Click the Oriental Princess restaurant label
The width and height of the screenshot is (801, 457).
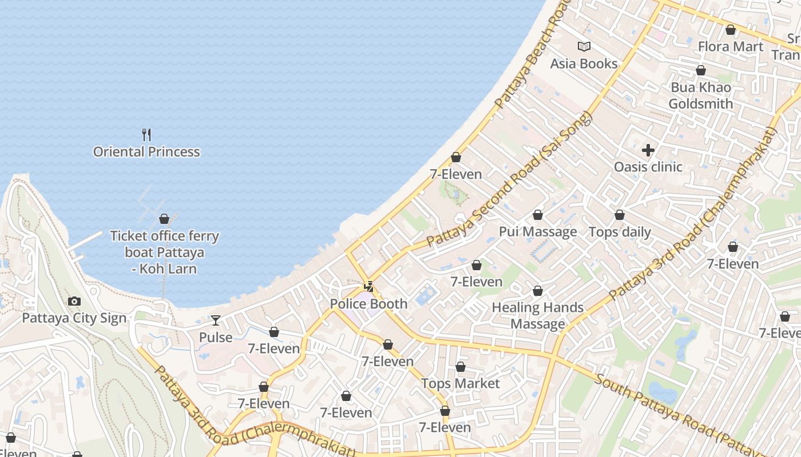tap(146, 152)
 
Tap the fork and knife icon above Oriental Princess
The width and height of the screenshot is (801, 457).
tap(146, 135)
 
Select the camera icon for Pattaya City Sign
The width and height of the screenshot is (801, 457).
tap(74, 302)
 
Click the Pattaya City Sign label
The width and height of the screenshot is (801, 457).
tap(74, 318)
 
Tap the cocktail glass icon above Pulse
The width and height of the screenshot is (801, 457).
tap(216, 320)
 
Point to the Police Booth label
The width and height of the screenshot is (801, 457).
tap(368, 304)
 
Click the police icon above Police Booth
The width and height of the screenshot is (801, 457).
tap(369, 287)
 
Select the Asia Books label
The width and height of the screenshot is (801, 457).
tap(584, 63)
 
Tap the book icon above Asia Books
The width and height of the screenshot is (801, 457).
tap(584, 47)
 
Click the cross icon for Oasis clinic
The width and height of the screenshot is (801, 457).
tap(648, 150)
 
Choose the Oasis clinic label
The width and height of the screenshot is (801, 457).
tap(648, 167)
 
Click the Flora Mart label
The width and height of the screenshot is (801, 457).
tap(731, 46)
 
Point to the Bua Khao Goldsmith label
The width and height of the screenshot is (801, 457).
tap(700, 95)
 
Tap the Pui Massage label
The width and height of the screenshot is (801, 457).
tap(538, 231)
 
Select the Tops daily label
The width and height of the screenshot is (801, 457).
tap(620, 232)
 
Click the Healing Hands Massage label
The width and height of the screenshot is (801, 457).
tap(538, 316)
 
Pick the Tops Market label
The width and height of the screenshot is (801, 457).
tap(461, 383)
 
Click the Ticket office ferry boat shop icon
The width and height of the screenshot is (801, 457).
tap(164, 219)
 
